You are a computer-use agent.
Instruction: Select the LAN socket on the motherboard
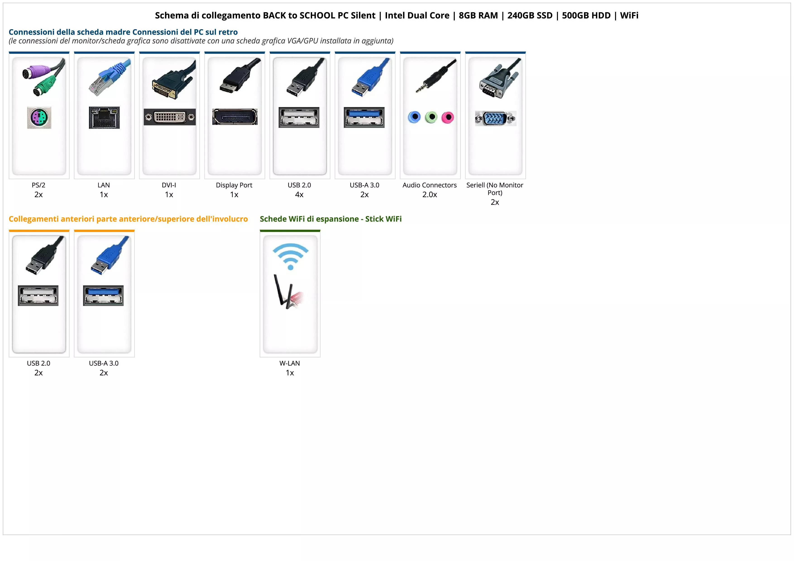[104, 117]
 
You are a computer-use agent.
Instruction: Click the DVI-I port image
[170, 117]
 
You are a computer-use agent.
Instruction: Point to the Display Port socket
[234, 117]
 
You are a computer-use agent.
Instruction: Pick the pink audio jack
[447, 117]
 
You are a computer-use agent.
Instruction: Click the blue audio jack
[414, 117]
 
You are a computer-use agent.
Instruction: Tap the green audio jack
[431, 117]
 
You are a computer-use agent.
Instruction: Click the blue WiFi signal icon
[290, 256]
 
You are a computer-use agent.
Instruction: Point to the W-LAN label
[290, 363]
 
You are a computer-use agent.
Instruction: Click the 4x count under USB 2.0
[299, 195]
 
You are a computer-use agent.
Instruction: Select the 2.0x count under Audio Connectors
[430, 195]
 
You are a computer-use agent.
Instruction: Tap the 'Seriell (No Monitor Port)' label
[495, 189]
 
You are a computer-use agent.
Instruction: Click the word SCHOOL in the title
[318, 16]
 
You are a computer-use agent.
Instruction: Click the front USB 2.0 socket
[38, 296]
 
